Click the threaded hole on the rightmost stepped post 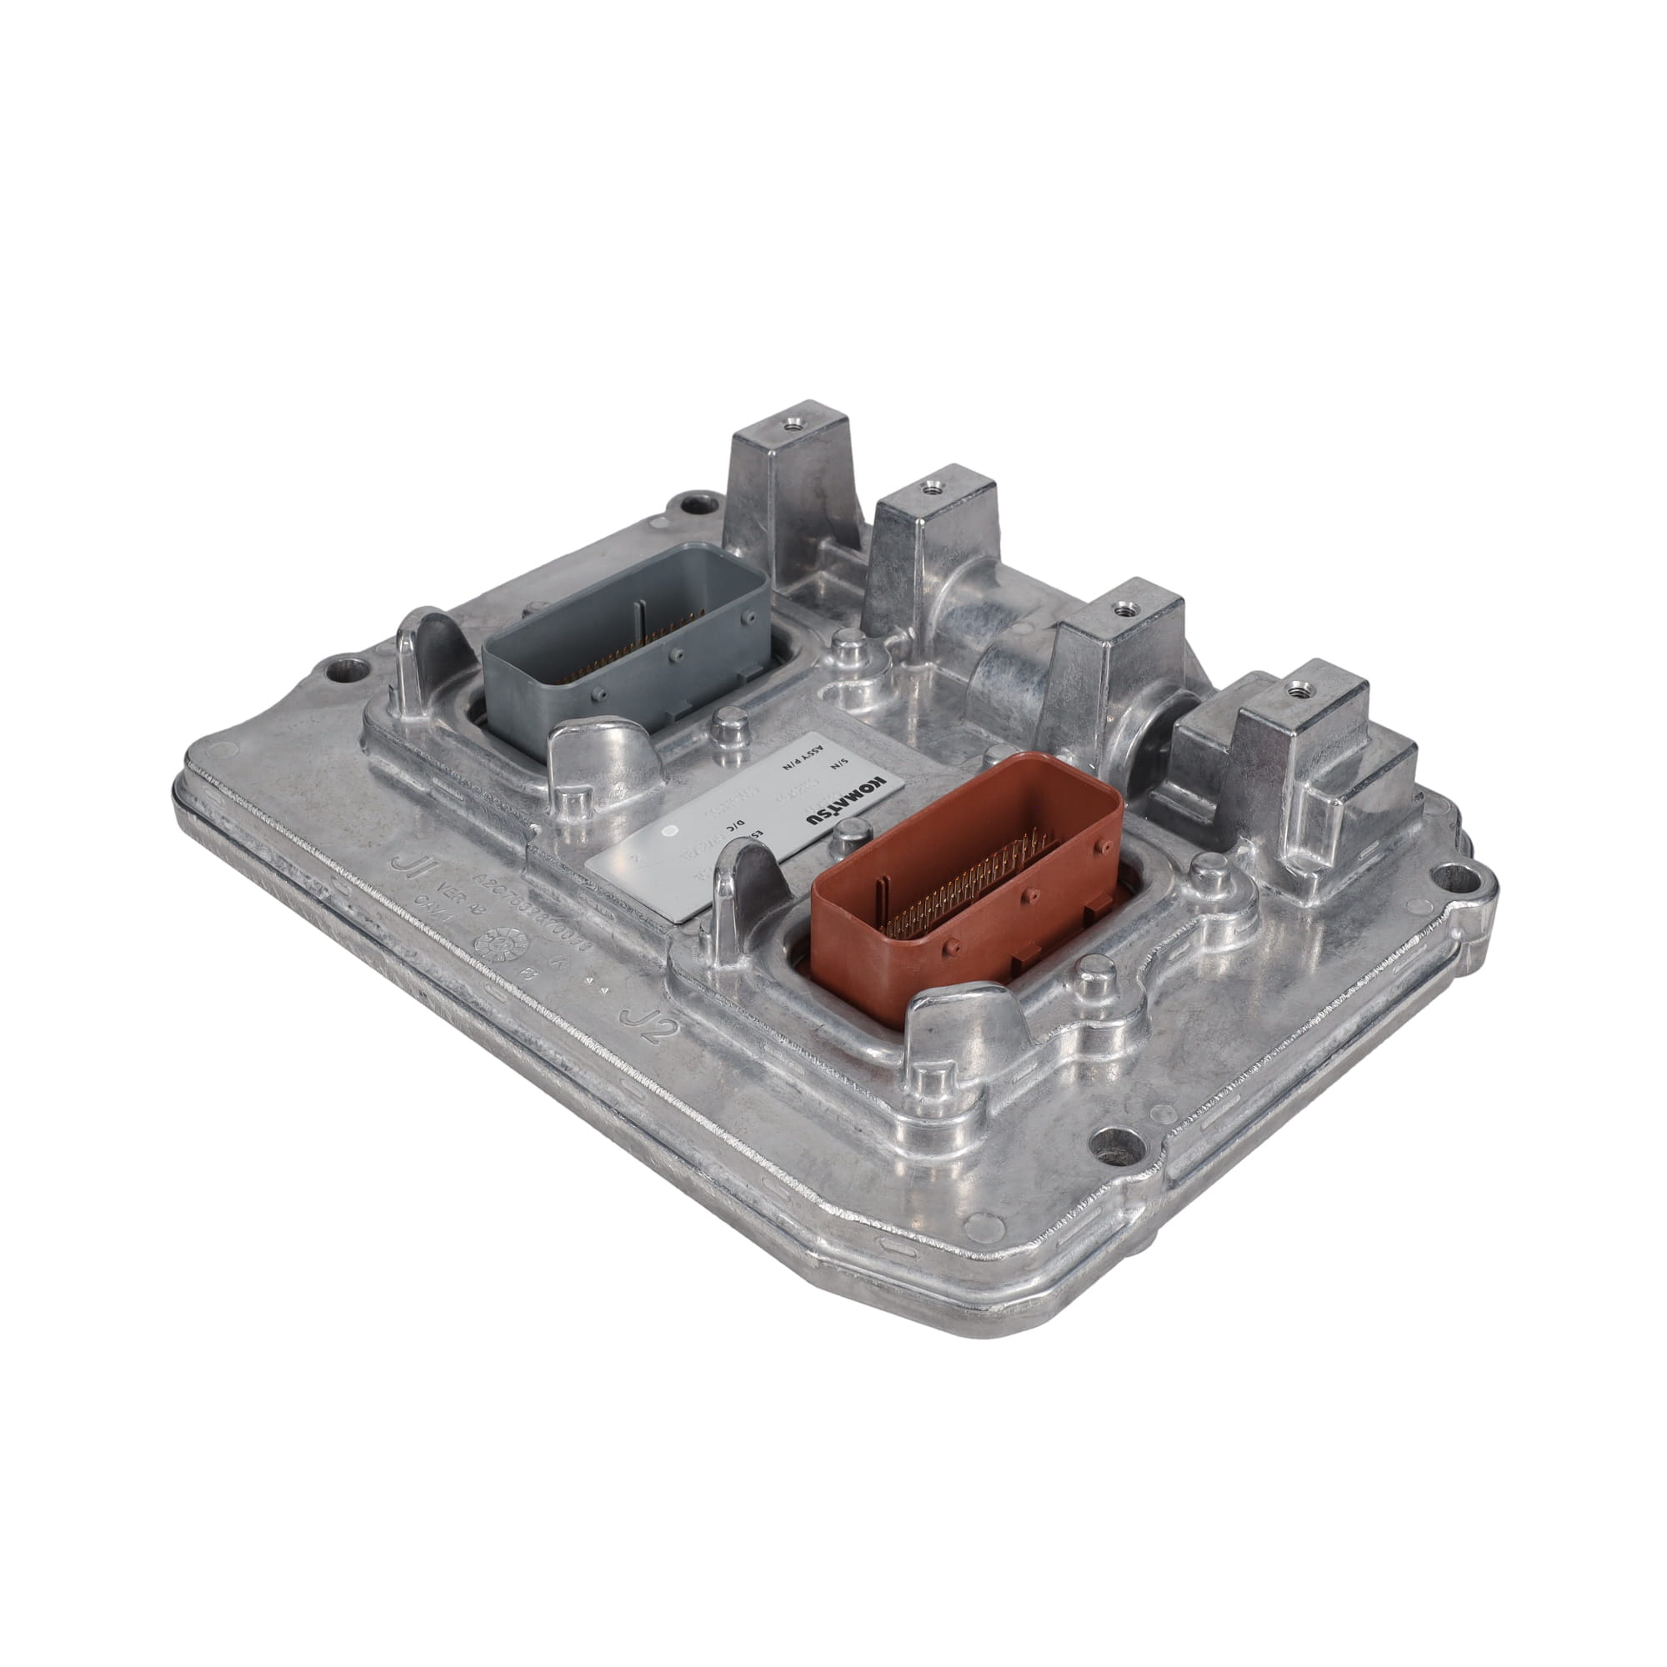[x=1294, y=688]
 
